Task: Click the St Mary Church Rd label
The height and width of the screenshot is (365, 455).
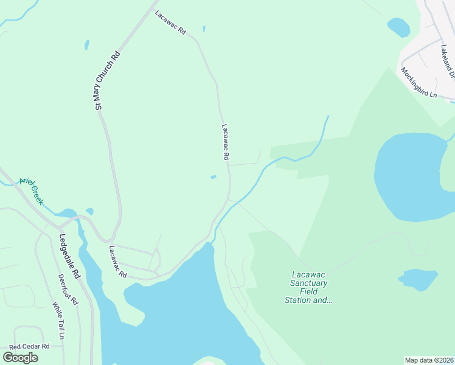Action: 107,81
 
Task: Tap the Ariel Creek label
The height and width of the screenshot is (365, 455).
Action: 32,191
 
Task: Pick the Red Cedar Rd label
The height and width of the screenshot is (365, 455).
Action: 29,346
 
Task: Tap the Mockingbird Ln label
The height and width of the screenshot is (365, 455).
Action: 419,82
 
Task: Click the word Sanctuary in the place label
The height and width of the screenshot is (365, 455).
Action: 310,283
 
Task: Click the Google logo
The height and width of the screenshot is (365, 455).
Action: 20,357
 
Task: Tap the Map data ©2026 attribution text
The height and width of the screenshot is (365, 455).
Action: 429,360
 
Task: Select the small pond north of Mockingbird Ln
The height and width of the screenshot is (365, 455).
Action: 398,27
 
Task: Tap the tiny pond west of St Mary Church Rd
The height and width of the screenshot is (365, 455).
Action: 87,45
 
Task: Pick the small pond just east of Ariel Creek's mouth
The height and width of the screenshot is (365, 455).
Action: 90,212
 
